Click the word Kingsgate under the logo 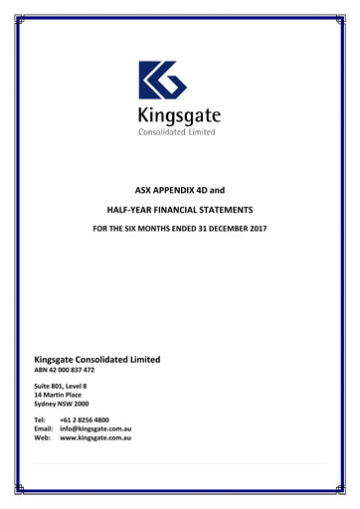[x=179, y=115]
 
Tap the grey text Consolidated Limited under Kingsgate [x=177, y=131]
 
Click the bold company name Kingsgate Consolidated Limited [x=97, y=359]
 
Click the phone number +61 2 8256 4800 [x=85, y=421]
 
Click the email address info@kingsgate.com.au [x=95, y=429]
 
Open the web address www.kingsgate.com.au [x=96, y=438]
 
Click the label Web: [x=43, y=438]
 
